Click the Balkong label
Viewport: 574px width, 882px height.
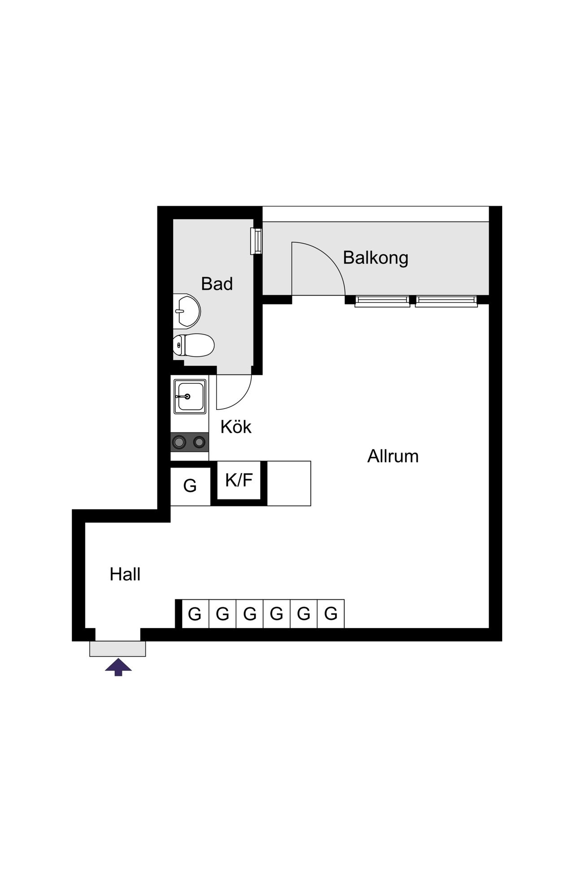(x=375, y=258)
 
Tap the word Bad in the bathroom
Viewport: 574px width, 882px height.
(x=217, y=284)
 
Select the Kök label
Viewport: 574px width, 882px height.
(x=236, y=427)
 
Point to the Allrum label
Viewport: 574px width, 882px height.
(x=393, y=456)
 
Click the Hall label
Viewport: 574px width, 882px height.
(x=125, y=574)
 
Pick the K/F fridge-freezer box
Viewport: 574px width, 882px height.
(x=239, y=480)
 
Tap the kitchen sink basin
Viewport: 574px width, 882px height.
(x=190, y=396)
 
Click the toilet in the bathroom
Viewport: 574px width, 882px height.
(x=193, y=345)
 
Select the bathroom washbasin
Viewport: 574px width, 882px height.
(x=187, y=310)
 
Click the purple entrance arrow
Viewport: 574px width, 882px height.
(x=118, y=667)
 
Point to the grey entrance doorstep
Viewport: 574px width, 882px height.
(x=117, y=649)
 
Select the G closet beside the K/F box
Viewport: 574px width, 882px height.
(x=190, y=486)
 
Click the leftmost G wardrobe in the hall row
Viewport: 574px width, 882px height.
(x=195, y=614)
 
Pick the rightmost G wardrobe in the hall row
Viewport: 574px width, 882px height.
(x=331, y=614)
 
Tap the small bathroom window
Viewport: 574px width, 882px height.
(x=257, y=241)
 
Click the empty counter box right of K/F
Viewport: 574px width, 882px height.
(x=289, y=483)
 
